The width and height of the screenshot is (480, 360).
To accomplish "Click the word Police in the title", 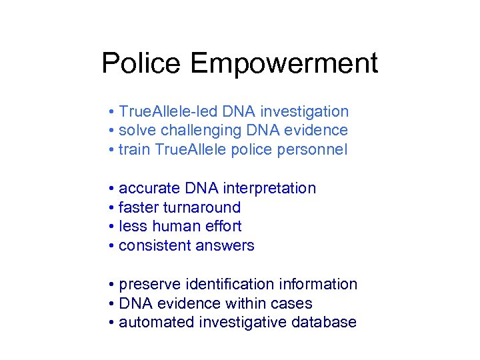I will pos(141,64).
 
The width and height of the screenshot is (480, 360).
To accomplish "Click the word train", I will pos(134,150).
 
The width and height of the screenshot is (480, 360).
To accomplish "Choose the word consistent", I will pos(155,245).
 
